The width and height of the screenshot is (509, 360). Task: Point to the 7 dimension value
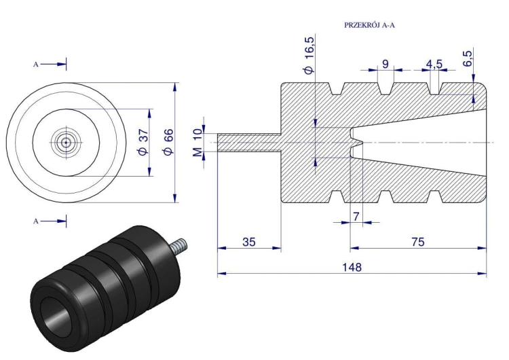(x=355, y=216)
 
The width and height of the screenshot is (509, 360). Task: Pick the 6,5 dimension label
(x=468, y=58)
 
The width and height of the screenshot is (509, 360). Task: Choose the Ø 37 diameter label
(x=143, y=142)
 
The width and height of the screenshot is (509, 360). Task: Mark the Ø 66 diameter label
(x=169, y=142)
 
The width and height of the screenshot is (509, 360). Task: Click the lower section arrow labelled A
(x=53, y=221)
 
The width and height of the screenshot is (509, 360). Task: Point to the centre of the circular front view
(x=66, y=142)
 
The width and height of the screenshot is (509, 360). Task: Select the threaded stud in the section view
(x=248, y=142)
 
